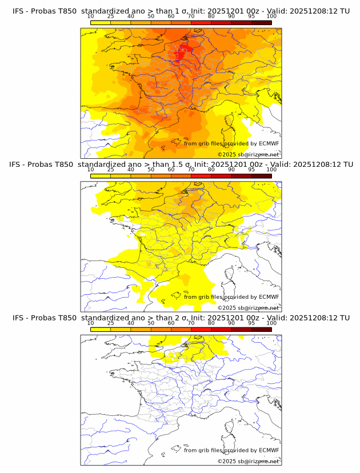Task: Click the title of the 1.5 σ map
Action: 181,165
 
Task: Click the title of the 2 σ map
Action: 181,318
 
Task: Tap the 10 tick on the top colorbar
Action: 91,17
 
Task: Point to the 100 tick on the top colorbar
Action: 271,17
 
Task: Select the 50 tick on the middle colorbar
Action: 151,170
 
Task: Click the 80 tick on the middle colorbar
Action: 211,170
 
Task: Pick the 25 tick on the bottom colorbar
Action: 111,323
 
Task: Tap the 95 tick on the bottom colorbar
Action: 251,323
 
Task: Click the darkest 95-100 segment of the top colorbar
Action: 261,23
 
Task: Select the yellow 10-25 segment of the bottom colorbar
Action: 101,329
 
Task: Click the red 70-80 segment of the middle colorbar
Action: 201,176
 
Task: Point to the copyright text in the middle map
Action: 249,308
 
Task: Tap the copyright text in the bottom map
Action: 249,461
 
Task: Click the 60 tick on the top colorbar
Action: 171,17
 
